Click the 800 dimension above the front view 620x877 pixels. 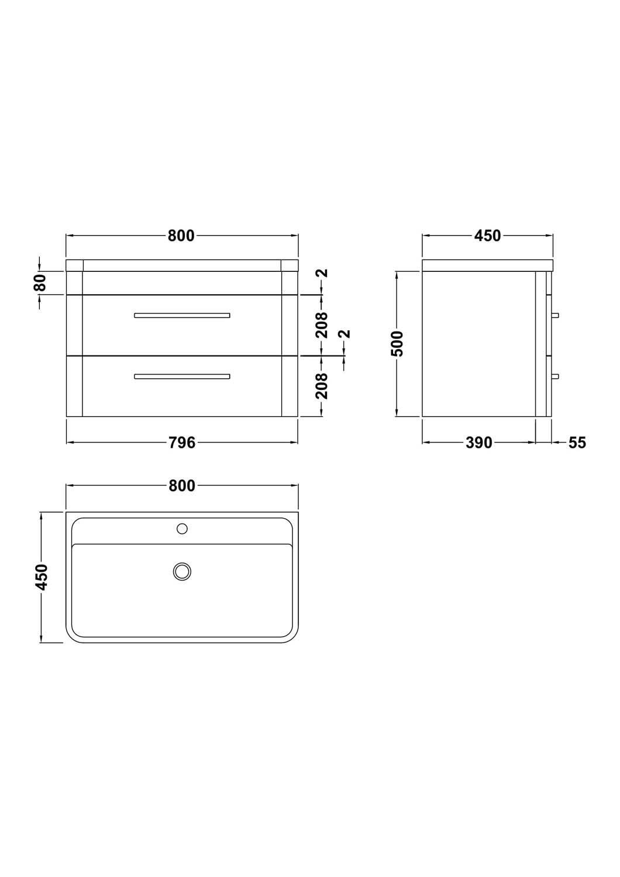pos(181,236)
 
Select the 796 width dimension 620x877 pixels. pos(182,443)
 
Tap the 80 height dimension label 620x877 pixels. pos(40,283)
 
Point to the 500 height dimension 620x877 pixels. pos(397,344)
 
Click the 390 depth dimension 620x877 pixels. pos(479,443)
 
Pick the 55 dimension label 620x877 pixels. pos(577,443)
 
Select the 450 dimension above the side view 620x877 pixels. pos(487,236)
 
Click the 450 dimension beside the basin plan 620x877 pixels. pos(41,577)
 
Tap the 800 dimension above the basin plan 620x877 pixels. pos(181,486)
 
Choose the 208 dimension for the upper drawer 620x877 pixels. pos(322,325)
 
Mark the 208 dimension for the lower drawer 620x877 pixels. pos(322,385)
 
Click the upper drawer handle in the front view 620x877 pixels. pos(182,315)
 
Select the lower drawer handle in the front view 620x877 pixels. pos(182,377)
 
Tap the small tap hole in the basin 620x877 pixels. pos(182,529)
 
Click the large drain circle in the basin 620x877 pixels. pos(182,571)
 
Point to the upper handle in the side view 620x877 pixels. pos(556,315)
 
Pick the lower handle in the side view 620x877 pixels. pos(556,377)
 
